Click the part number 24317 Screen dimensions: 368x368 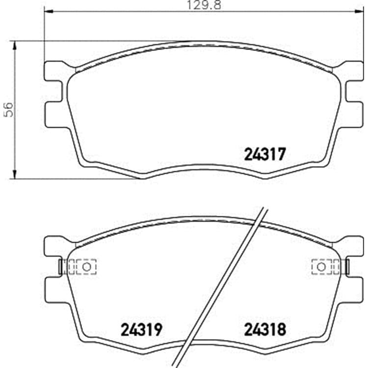(x=265, y=154)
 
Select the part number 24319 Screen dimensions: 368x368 (x=141, y=330)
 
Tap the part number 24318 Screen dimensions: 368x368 (x=265, y=330)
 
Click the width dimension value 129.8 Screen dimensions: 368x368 (x=204, y=5)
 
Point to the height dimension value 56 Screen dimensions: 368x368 (x=9, y=109)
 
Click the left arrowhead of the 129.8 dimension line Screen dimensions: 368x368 (x=49, y=11)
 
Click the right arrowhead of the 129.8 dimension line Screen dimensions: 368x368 (x=359, y=11)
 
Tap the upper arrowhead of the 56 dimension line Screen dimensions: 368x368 (x=15, y=46)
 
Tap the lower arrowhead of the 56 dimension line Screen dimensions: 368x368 (x=15, y=174)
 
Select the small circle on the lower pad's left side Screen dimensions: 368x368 (x=86, y=267)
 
